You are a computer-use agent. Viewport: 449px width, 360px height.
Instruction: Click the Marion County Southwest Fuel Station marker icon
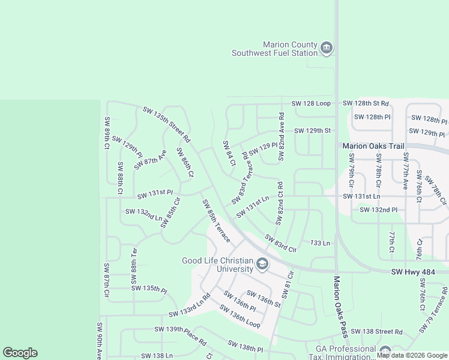coord(327,48)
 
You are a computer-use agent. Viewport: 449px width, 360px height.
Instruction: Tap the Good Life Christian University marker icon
coord(262,264)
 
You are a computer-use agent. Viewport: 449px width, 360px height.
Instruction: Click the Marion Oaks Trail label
coord(373,146)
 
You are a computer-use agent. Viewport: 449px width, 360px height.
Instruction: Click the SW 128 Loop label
coord(311,103)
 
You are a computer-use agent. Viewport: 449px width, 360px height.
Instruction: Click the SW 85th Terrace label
coord(216,221)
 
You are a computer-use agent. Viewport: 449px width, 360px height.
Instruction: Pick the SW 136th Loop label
coord(240,317)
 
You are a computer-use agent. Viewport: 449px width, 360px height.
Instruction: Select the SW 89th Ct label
coord(107,133)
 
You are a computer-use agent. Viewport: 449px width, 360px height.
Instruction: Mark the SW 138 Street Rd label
coord(376,331)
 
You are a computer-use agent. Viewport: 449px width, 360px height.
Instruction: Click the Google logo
coord(20,353)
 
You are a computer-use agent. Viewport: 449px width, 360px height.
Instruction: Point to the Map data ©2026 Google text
coord(412,355)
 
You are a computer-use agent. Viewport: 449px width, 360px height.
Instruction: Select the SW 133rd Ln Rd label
coord(189,305)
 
